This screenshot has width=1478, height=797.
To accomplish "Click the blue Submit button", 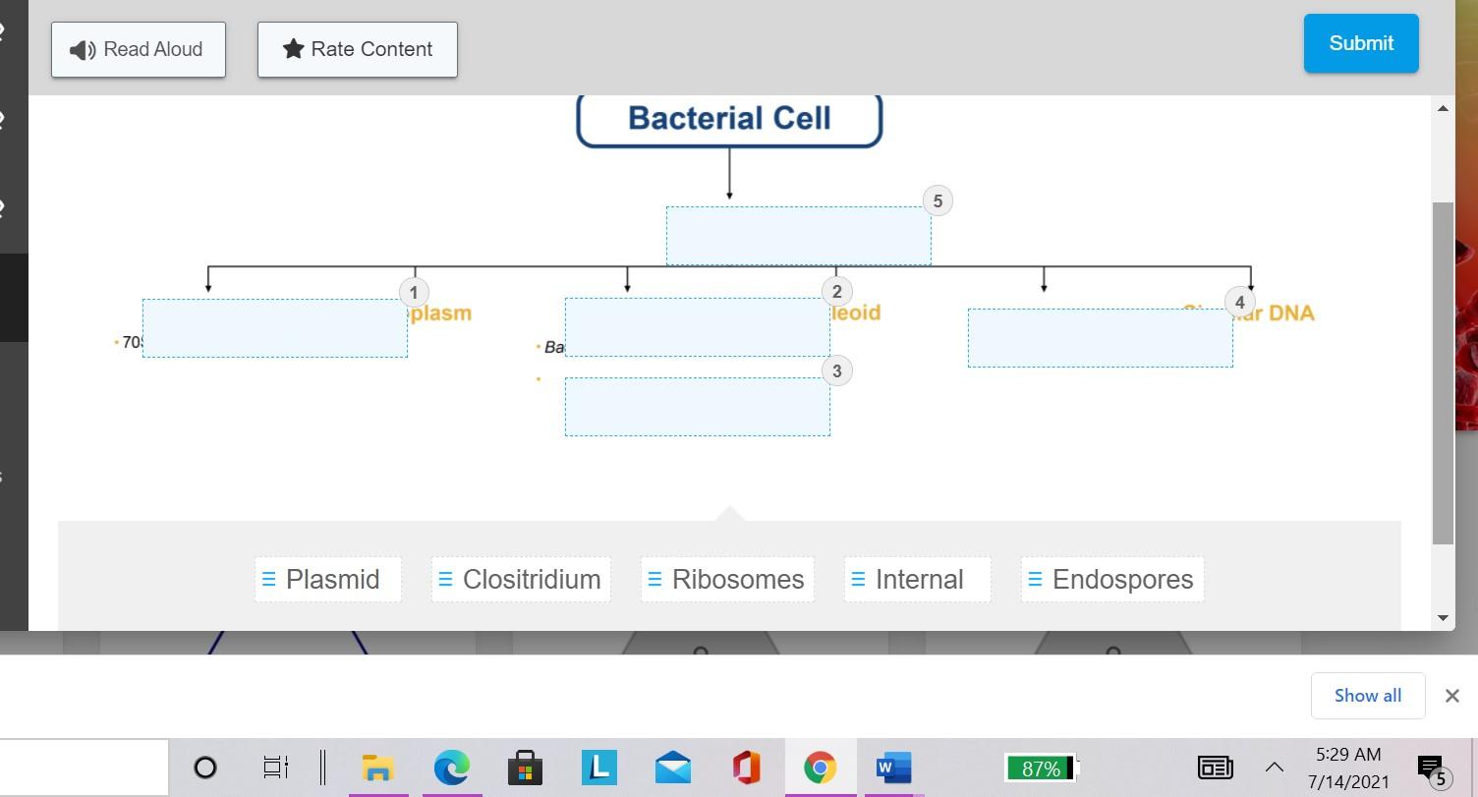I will click(1360, 43).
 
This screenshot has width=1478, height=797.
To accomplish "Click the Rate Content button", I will click(358, 49).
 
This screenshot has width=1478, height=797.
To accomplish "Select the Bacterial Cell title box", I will click(729, 119).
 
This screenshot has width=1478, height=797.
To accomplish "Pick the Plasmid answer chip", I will click(328, 580).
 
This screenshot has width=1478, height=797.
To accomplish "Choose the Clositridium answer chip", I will click(521, 580).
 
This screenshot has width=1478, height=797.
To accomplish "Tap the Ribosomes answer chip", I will click(727, 580).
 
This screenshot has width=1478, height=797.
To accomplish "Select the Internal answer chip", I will click(918, 580).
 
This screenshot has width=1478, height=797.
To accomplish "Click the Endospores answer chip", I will click(1112, 580).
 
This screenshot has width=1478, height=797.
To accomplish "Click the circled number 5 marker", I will click(938, 201).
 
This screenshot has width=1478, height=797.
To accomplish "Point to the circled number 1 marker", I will click(414, 292).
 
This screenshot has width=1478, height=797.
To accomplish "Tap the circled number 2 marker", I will click(836, 291).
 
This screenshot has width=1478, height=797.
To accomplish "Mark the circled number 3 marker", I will click(836, 370).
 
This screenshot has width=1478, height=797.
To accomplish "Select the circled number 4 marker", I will click(1239, 303).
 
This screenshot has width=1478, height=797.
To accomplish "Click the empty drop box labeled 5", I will click(798, 236).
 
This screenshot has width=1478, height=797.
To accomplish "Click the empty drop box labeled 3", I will click(697, 407).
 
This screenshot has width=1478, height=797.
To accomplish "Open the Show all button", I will click(1367, 696).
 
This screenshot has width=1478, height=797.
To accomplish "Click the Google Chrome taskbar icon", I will click(820, 767).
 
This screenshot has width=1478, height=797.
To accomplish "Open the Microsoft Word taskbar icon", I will click(893, 767).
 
